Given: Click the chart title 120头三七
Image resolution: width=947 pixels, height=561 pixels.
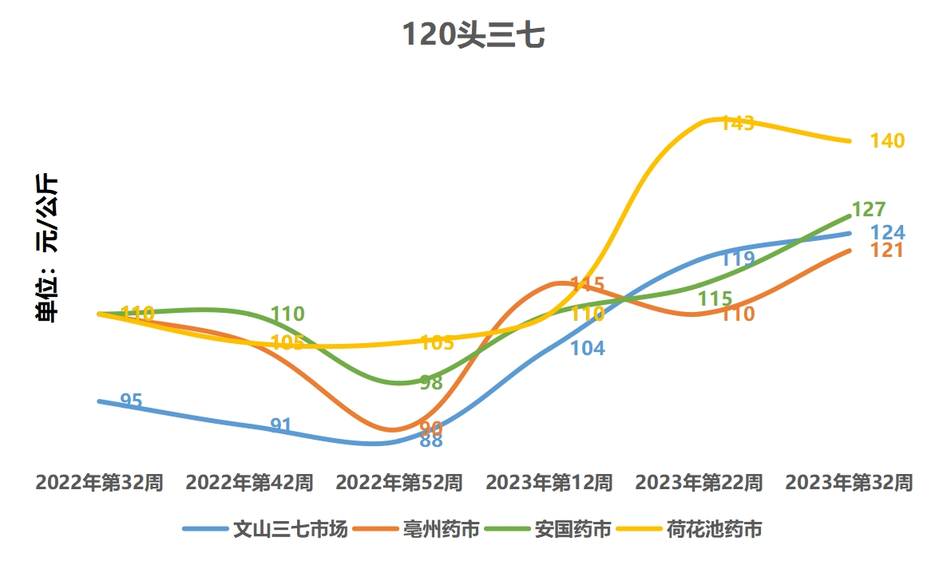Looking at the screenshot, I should click(x=473, y=36).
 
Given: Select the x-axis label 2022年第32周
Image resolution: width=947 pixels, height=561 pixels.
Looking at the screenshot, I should click(x=100, y=483).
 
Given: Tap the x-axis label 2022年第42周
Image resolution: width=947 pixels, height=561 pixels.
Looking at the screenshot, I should click(x=249, y=483).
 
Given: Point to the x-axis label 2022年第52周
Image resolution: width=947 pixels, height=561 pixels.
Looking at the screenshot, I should click(x=399, y=483).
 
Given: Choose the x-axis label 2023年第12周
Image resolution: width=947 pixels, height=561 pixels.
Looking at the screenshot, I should click(x=549, y=483).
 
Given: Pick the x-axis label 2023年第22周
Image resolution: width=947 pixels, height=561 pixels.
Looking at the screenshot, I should click(x=699, y=483).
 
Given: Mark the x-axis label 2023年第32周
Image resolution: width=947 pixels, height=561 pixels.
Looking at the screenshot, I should click(x=849, y=483).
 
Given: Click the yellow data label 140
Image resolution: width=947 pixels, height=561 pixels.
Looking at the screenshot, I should click(x=888, y=141).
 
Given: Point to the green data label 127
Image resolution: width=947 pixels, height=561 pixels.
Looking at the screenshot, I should click(x=869, y=210).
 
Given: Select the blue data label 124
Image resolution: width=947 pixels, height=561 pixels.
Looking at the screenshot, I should click(x=888, y=233).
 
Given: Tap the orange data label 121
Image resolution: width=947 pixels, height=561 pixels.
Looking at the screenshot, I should click(x=886, y=251).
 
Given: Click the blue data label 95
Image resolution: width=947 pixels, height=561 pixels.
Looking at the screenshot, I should click(x=131, y=401).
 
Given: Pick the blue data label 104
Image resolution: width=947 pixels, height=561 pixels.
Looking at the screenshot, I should click(x=588, y=348).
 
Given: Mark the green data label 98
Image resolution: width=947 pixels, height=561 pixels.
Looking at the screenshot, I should click(x=431, y=382).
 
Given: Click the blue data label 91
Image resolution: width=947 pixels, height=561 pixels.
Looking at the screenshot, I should click(x=281, y=425).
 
